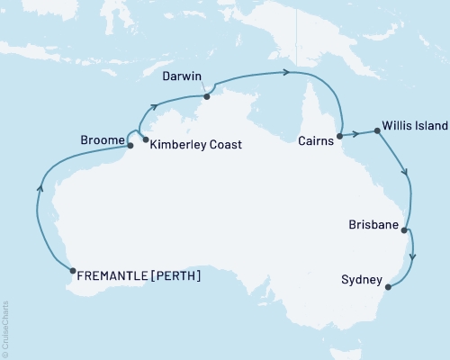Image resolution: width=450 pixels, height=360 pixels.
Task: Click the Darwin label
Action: pyautogui.click(x=184, y=77)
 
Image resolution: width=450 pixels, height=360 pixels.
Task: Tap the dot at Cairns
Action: pyautogui.click(x=339, y=138)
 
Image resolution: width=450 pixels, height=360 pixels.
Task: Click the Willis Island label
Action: pyautogui.click(x=414, y=126)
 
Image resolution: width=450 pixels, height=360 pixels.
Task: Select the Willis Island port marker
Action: pyautogui.click(x=376, y=130)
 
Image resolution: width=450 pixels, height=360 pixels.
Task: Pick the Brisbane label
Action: pyautogui.click(x=372, y=229)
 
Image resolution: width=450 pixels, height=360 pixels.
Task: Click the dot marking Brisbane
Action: pyautogui.click(x=404, y=230)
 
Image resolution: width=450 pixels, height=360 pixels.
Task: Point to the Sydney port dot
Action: pyautogui.click(x=388, y=287)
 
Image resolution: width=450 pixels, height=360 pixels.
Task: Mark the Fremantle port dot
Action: pyautogui.click(x=72, y=269)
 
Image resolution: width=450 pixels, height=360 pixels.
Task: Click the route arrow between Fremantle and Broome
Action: pyautogui.click(x=40, y=188)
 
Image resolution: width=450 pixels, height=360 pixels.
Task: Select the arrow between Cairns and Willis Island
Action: pyautogui.click(x=356, y=134)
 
